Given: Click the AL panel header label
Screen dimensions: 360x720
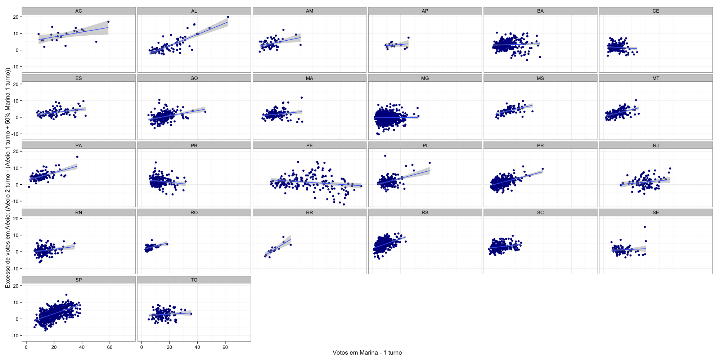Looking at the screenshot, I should (194, 11).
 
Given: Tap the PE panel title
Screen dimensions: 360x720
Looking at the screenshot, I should (309, 145).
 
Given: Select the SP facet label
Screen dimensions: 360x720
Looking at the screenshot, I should (78, 280).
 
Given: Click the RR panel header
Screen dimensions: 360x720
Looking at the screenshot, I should (309, 213).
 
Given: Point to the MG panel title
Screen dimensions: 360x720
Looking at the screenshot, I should (425, 78).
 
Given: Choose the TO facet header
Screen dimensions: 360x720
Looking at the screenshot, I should (194, 280).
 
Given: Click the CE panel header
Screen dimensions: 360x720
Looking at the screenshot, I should (656, 11).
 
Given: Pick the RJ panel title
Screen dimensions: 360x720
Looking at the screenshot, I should (656, 145).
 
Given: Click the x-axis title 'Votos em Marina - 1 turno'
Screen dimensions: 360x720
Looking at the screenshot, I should (367, 353).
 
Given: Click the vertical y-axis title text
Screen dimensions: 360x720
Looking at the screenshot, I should (8, 178).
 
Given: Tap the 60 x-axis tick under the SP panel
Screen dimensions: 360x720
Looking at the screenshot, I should (110, 347).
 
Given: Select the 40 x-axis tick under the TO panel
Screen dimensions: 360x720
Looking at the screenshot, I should (197, 347).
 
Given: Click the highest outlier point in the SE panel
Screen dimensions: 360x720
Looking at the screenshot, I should (645, 227).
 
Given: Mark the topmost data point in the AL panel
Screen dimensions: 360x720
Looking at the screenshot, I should (228, 17).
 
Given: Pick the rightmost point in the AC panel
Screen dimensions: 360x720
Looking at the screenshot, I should (108, 22).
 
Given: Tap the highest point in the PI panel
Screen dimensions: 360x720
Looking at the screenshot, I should (385, 156).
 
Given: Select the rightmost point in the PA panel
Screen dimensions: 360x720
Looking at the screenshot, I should (77, 157).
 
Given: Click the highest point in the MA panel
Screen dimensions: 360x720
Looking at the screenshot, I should (302, 98).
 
